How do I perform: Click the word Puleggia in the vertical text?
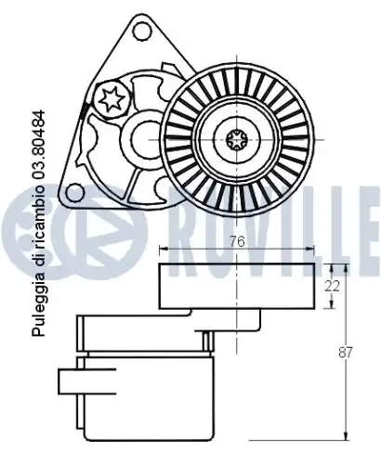tap(37, 305)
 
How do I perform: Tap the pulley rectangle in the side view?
tap(237, 285)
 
